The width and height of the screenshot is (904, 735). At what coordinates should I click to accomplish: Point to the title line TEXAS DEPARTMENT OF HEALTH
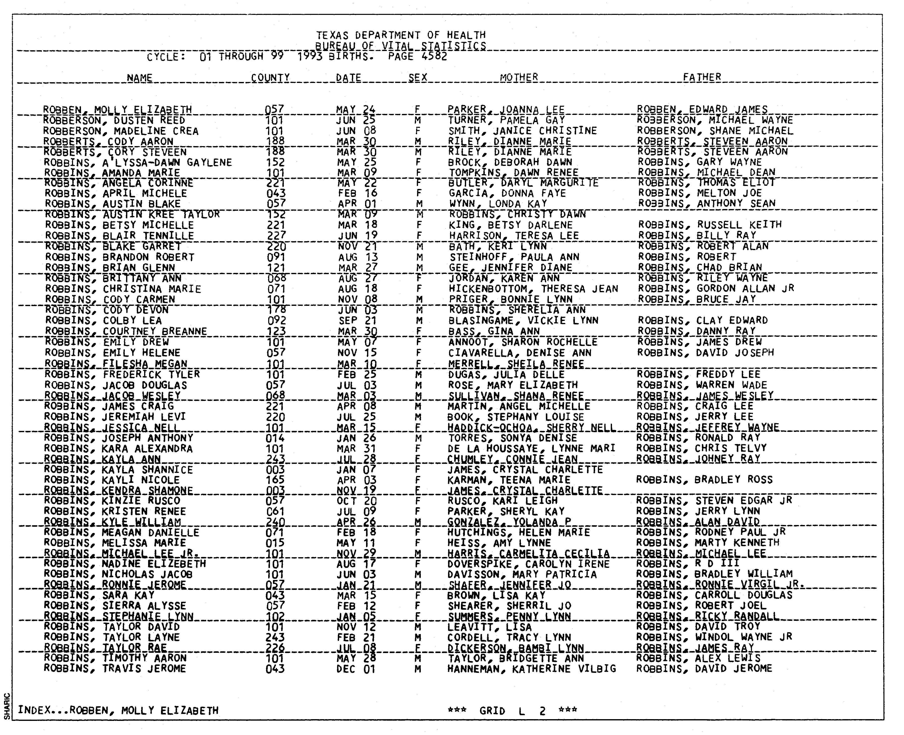[400, 35]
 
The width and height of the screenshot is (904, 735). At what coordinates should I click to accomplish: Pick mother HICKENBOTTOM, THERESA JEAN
[533, 289]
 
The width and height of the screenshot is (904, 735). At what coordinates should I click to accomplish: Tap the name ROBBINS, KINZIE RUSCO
[112, 501]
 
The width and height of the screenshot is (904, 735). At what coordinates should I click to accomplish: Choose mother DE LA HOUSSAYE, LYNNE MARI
[532, 448]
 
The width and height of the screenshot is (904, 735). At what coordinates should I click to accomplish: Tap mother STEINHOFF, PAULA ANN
[514, 257]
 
